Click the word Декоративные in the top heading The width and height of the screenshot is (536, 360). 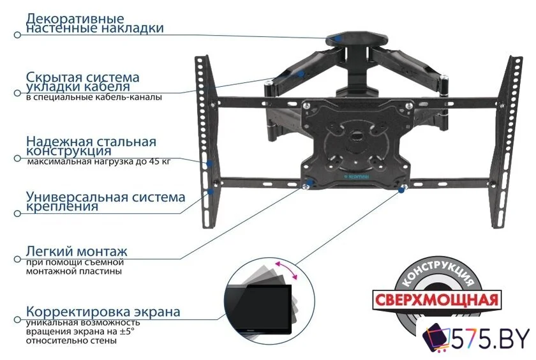click(x=75, y=19)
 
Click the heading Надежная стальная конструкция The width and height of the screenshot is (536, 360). click(x=91, y=146)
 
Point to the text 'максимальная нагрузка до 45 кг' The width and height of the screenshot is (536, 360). click(x=99, y=163)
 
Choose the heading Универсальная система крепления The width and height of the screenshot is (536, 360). click(x=105, y=201)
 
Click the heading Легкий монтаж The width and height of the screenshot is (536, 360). click(x=77, y=251)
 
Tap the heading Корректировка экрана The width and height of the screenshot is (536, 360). click(x=103, y=312)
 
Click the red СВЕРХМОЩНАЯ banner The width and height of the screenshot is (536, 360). click(x=436, y=299)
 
